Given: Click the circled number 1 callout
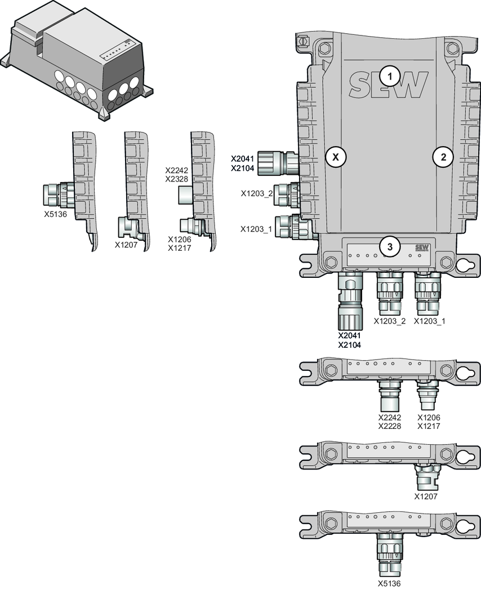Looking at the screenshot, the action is [390, 77].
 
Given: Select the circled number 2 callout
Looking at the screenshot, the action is [443, 157].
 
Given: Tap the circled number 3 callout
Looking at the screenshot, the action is [390, 247].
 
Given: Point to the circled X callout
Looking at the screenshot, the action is [336, 157].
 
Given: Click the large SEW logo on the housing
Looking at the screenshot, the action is [388, 85].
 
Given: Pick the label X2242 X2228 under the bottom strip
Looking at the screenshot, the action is [390, 422].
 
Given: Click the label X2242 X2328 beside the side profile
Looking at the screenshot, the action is [177, 175].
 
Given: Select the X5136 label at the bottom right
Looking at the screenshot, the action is [389, 583].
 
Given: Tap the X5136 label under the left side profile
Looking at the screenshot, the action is [55, 215].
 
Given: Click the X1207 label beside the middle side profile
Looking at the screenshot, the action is [126, 245].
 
